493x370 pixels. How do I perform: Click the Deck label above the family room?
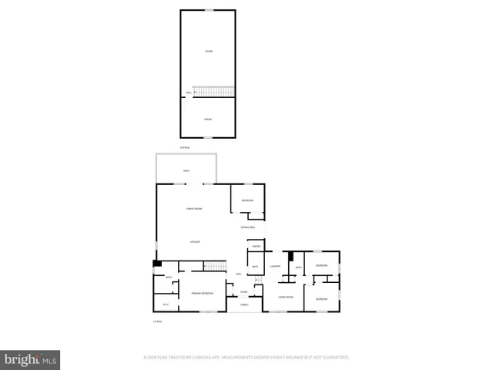186,170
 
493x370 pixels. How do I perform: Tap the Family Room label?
194,209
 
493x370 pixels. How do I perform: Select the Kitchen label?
196,242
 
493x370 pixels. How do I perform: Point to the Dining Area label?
247,227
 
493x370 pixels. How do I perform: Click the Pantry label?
256,246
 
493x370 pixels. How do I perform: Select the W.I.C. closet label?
164,304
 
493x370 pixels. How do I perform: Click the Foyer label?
243,291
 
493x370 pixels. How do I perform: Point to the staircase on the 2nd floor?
213,92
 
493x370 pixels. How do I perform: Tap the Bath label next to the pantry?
255,266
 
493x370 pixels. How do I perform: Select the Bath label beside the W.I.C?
158,277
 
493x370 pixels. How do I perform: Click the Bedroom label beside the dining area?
246,200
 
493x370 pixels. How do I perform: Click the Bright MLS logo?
30,359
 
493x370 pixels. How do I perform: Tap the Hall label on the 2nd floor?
187,94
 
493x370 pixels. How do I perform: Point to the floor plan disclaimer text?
246,358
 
